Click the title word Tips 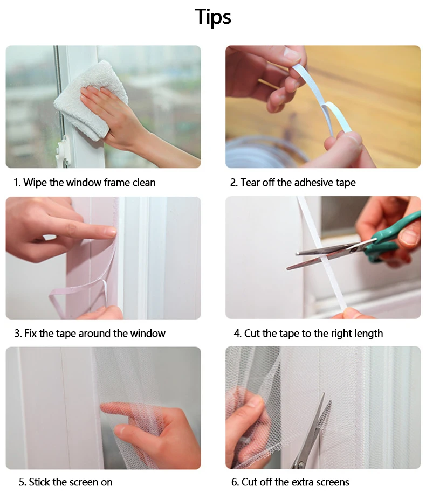click(x=213, y=17)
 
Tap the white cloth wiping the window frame click(x=91, y=100)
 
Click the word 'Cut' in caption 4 click(x=252, y=334)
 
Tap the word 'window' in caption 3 click(x=148, y=334)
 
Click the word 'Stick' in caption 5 click(x=39, y=482)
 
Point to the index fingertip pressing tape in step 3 click(x=112, y=232)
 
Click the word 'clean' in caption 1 click(x=144, y=182)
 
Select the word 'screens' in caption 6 click(x=333, y=482)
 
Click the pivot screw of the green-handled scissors click(x=354, y=249)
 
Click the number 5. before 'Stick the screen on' click(x=22, y=482)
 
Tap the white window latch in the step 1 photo click(x=63, y=151)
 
